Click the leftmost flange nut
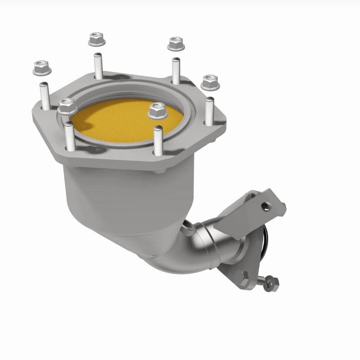pos(40,68)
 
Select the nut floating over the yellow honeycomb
pos(156,109)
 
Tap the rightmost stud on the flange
pos(210,110)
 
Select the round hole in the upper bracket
pos(267,206)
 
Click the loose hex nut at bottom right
pos(270,283)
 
